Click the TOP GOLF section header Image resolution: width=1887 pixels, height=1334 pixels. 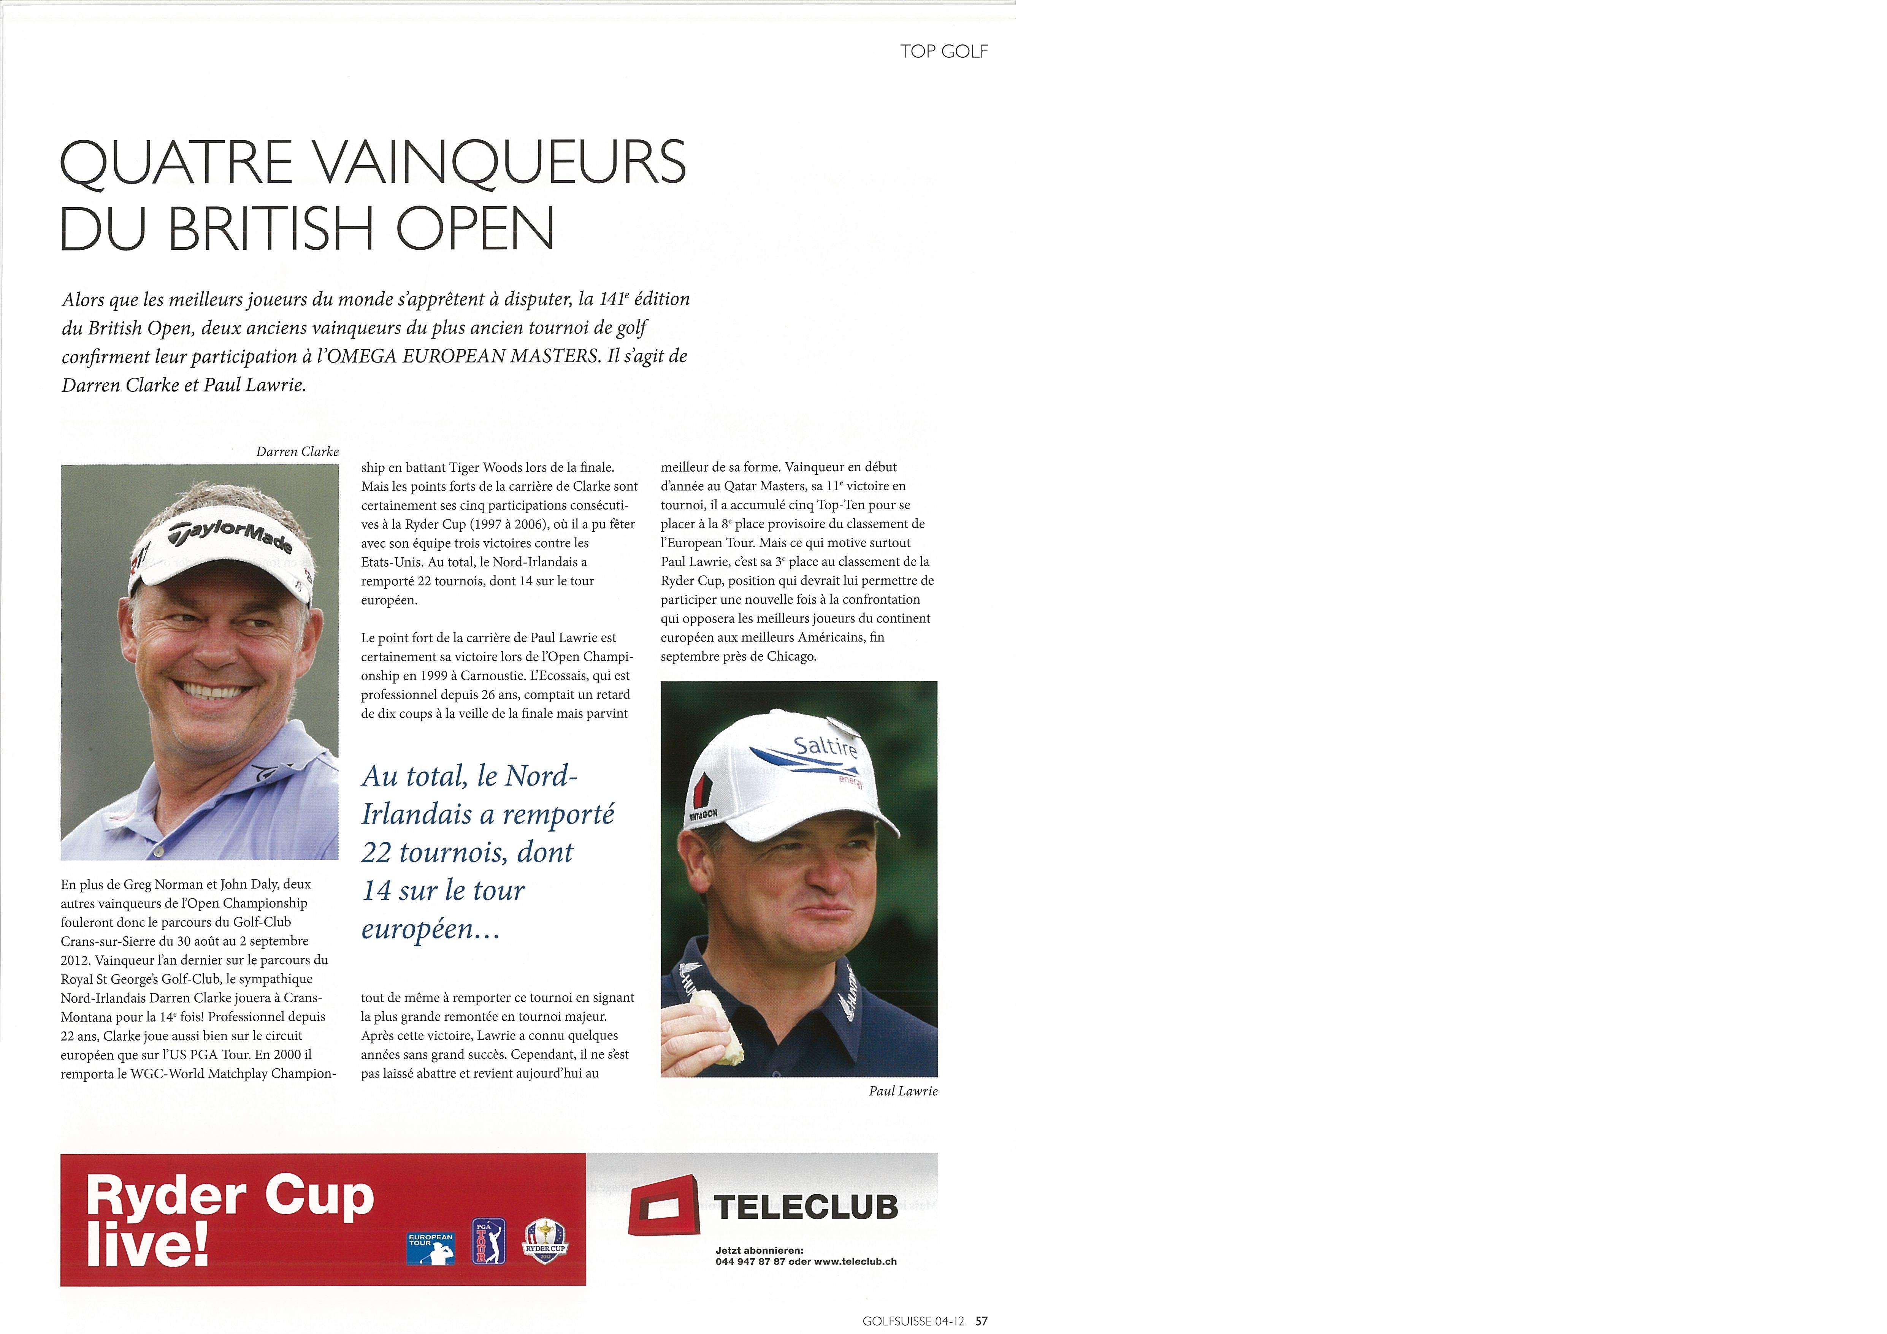(943, 51)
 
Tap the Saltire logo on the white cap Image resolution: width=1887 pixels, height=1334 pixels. (825, 746)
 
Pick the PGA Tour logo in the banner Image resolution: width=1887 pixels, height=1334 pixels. (488, 1241)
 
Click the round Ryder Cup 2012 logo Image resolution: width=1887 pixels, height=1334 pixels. (546, 1241)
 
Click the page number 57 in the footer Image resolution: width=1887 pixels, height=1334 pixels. (981, 1321)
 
